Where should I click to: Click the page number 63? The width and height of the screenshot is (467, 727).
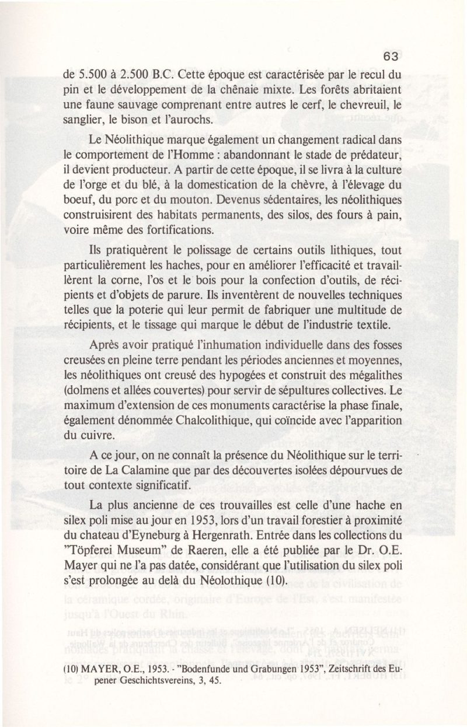pyautogui.click(x=391, y=57)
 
